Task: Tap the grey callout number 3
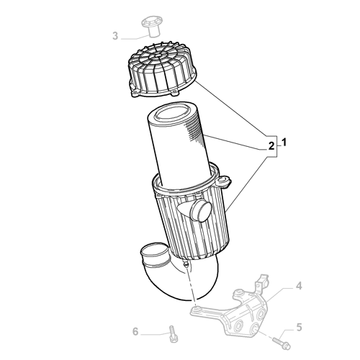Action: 115,35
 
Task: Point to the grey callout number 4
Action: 299,287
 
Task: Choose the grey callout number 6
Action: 135,332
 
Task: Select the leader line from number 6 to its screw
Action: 153,333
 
